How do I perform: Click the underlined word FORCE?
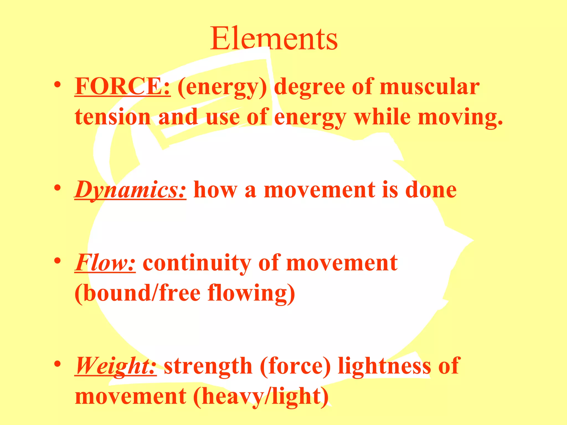click(x=122, y=87)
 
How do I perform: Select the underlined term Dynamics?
click(x=130, y=190)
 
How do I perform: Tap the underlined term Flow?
click(x=105, y=263)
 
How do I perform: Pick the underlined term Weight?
click(x=115, y=366)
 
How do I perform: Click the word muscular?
click(x=429, y=87)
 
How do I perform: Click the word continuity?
click(x=197, y=263)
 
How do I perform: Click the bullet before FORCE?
click(x=57, y=85)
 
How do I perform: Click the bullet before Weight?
click(x=57, y=364)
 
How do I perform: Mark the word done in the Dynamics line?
click(x=431, y=190)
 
